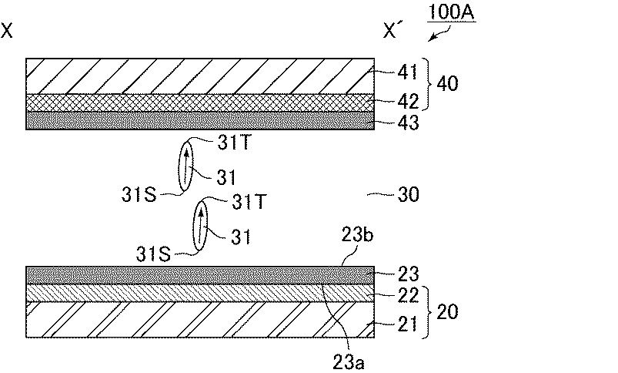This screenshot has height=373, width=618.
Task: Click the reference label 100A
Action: click(451, 12)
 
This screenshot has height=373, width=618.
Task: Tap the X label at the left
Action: click(7, 30)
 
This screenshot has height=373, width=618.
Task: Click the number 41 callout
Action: click(408, 72)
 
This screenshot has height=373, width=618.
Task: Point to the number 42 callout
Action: click(408, 102)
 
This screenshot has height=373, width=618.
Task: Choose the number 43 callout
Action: click(409, 123)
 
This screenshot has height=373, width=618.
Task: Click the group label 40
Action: click(448, 84)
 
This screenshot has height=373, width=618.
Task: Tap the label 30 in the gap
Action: click(409, 194)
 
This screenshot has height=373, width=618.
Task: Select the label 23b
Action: click(357, 235)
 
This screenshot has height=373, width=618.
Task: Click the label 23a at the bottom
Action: click(349, 361)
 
